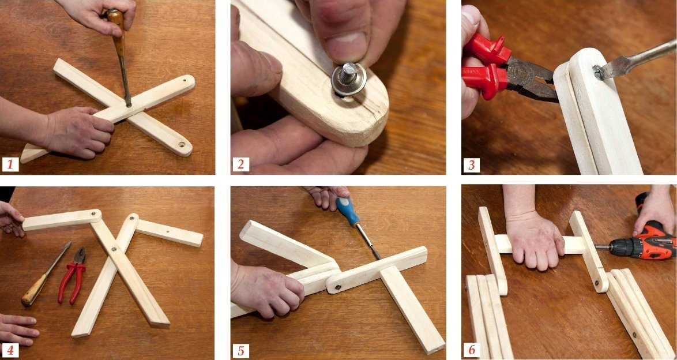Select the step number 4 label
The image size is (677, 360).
tap(10, 350)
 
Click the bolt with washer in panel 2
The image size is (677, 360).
tap(349, 78)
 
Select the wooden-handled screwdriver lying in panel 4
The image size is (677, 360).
tap(46, 275)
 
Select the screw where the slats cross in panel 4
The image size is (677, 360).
tap(114, 249)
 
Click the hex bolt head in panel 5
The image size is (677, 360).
tap(338, 287)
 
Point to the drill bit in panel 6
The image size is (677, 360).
tap(602, 247)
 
